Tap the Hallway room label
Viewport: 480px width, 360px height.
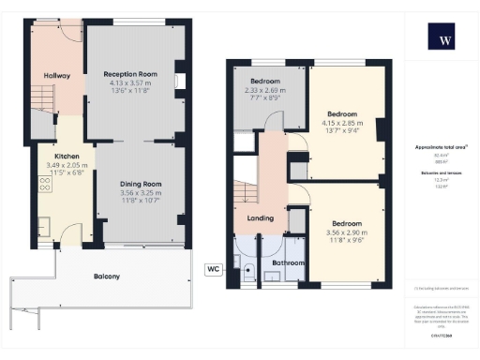[x=57, y=75]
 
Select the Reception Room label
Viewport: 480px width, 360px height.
[x=130, y=72]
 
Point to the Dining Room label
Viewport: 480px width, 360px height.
[x=140, y=184]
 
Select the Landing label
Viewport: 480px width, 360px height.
[x=260, y=218]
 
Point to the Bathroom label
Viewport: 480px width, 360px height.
[x=288, y=263]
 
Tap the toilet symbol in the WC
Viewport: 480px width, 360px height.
[x=248, y=269]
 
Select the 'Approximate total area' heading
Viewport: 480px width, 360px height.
[x=441, y=148]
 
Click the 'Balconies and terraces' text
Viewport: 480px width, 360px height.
[x=441, y=173]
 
